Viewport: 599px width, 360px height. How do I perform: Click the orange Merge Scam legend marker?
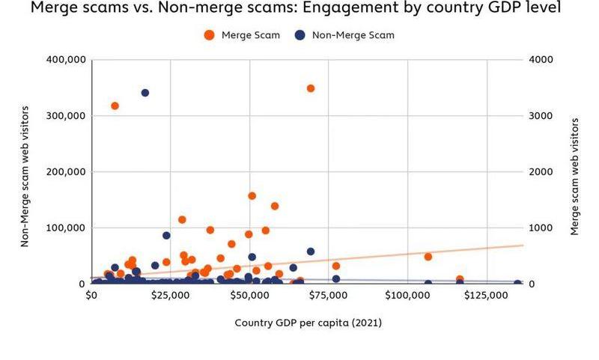click(209, 35)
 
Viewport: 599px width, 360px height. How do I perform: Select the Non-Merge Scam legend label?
click(353, 35)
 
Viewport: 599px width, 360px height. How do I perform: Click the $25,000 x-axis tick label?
click(170, 296)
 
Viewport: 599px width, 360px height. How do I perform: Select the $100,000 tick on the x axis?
click(407, 296)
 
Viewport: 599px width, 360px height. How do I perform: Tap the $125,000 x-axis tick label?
click(487, 296)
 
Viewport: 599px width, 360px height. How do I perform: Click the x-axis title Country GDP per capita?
click(308, 323)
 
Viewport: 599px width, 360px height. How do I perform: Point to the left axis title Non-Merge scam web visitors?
click(25, 172)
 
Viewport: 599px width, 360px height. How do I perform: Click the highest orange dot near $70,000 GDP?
click(311, 88)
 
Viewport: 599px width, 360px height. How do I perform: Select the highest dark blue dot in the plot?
click(145, 93)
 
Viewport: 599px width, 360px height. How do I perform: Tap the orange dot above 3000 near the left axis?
click(115, 106)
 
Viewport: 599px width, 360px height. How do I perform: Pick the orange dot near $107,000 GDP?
click(428, 257)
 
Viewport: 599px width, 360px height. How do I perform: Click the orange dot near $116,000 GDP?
click(460, 279)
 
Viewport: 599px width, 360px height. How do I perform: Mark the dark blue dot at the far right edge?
click(517, 284)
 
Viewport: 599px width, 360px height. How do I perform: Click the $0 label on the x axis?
click(91, 296)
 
